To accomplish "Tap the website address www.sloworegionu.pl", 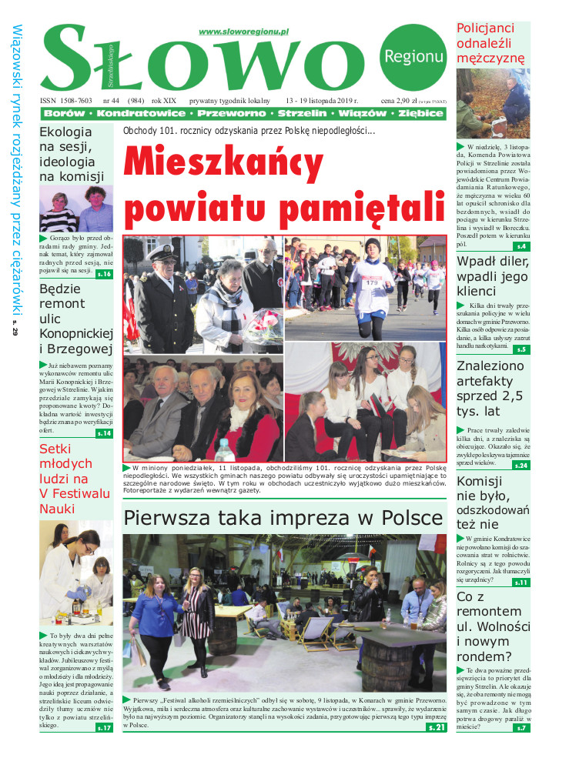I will pyautogui.click(x=243, y=32).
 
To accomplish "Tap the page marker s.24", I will pyautogui.click(x=520, y=466).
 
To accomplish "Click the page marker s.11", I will pyautogui.click(x=520, y=583).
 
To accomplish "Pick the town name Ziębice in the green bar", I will pyautogui.click(x=420, y=114).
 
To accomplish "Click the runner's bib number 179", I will pyautogui.click(x=373, y=282).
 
